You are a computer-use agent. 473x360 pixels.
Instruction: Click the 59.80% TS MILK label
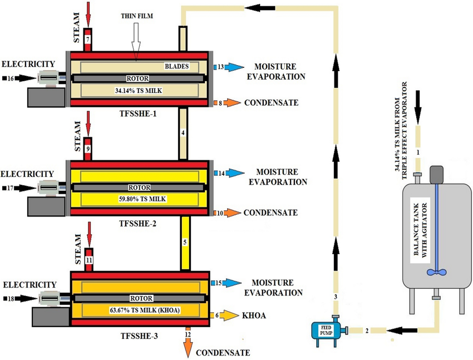pyautogui.click(x=139, y=199)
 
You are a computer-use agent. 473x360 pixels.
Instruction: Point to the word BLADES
pyautogui.click(x=176, y=66)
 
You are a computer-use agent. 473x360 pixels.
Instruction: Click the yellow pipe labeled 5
pyautogui.click(x=186, y=243)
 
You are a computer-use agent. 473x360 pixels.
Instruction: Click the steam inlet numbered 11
pyautogui.click(x=89, y=259)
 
